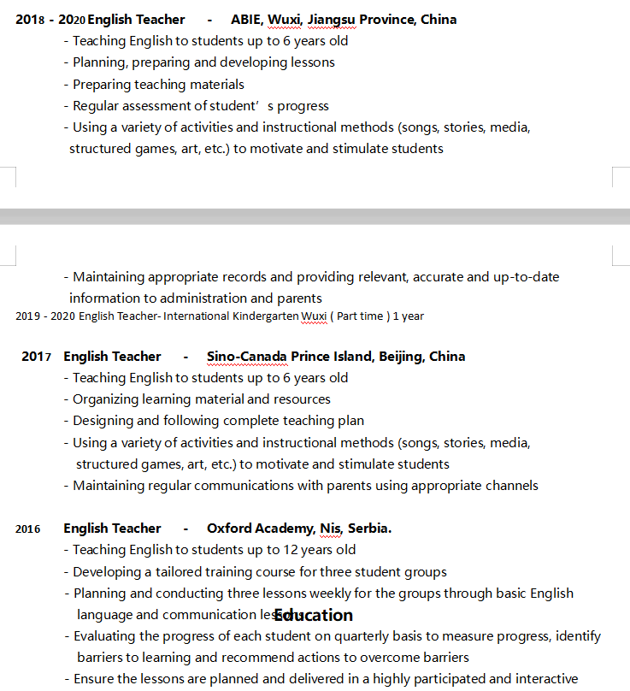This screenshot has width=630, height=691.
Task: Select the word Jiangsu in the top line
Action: tap(332, 19)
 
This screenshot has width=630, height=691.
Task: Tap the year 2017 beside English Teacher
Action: tap(37, 357)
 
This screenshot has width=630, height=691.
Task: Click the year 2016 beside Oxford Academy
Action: tap(27, 529)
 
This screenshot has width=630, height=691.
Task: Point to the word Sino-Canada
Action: tap(246, 356)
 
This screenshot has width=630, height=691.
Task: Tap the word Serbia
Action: tap(369, 529)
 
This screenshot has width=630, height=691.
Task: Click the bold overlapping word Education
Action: tap(314, 615)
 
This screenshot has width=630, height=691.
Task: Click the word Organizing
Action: tap(107, 399)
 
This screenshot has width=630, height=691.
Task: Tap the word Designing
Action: tap(105, 421)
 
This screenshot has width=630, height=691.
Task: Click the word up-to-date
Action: tap(527, 277)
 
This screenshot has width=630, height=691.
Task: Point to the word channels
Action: tap(509, 486)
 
